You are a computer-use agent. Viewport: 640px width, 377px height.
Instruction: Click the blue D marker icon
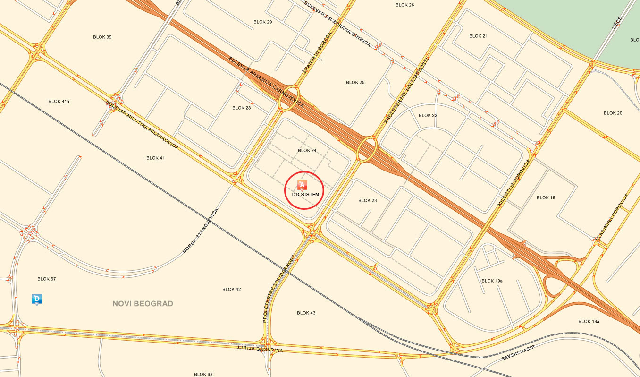tap(37, 299)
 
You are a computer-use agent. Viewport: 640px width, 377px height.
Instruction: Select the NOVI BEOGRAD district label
tap(143, 304)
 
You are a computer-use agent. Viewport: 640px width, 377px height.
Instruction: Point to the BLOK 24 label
tap(307, 151)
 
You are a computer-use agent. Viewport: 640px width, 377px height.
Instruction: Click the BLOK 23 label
tap(367, 201)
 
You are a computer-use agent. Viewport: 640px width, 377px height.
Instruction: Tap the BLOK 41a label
tap(59, 101)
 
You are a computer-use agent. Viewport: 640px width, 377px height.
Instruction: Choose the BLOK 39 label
tap(102, 37)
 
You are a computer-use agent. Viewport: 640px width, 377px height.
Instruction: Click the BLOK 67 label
tap(47, 279)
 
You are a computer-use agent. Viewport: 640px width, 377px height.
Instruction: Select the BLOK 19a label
tap(492, 281)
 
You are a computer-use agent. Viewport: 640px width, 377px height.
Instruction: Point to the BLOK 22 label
tap(428, 116)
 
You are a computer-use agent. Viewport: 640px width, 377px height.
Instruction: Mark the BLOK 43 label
tap(306, 313)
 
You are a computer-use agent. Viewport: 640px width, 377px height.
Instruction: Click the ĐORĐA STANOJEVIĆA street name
tap(200, 231)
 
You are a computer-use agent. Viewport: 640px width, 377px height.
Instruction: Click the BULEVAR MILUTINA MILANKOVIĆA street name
tap(142, 125)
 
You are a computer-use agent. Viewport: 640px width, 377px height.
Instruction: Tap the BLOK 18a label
tap(589, 321)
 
